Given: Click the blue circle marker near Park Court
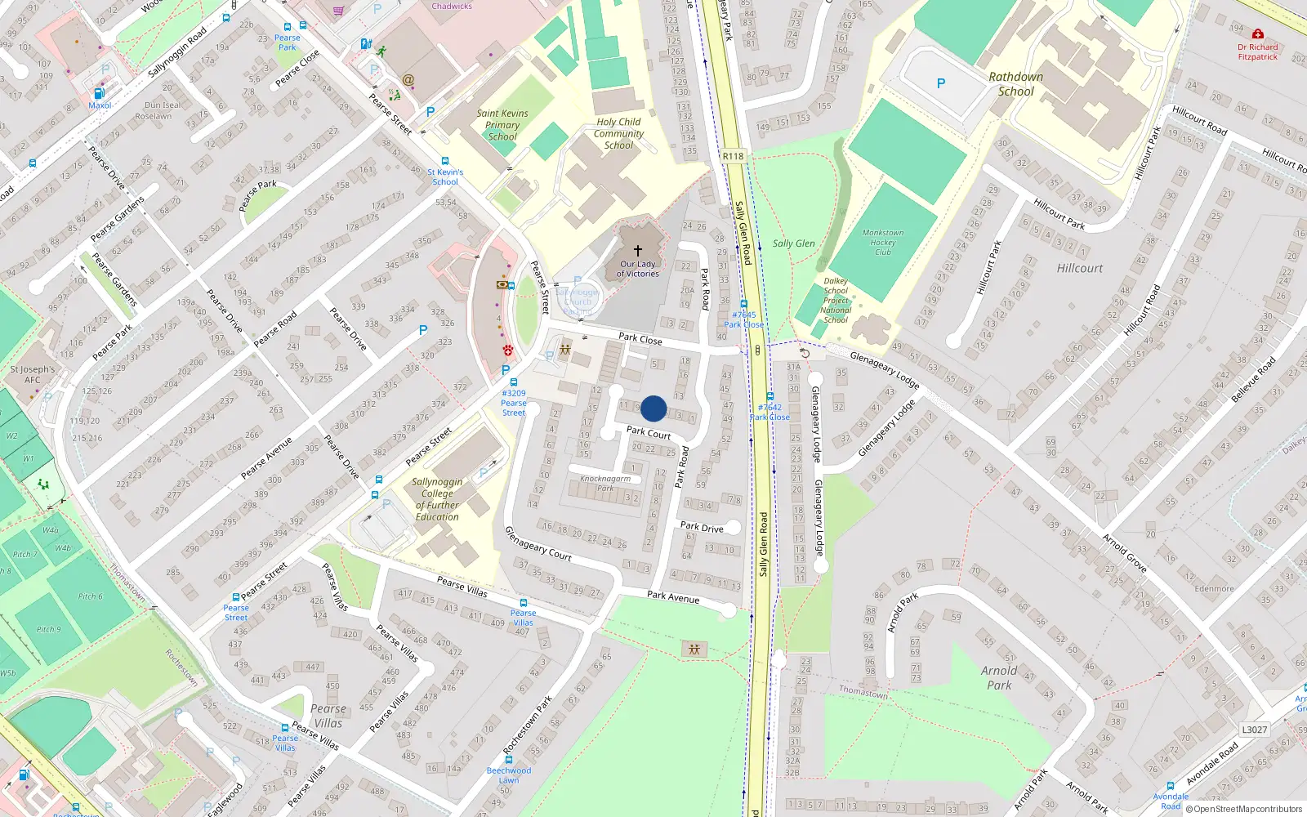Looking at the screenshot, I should (653, 408).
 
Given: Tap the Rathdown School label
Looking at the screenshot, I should (1015, 84).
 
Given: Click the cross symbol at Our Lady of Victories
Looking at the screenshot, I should (638, 251).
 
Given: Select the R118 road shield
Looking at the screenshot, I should (733, 156).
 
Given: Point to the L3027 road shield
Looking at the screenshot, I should (1254, 730).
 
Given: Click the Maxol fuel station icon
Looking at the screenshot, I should (99, 94).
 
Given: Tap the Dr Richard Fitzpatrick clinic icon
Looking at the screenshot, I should (1258, 35).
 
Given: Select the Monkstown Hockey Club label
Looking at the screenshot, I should (883, 243).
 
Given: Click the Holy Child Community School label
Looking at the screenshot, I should (618, 133).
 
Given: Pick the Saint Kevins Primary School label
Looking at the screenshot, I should (502, 125).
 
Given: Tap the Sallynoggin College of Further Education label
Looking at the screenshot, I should (437, 499).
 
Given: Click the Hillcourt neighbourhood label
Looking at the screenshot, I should (1079, 268).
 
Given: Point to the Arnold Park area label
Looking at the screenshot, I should (999, 677).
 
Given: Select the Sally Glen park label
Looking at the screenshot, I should (793, 243).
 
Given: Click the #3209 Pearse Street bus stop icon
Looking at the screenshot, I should (514, 382).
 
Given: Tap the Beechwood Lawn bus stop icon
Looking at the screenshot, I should (509, 760).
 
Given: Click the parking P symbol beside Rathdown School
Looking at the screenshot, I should (941, 83).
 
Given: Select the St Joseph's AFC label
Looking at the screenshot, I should (33, 374).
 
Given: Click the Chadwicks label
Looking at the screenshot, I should (452, 6).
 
